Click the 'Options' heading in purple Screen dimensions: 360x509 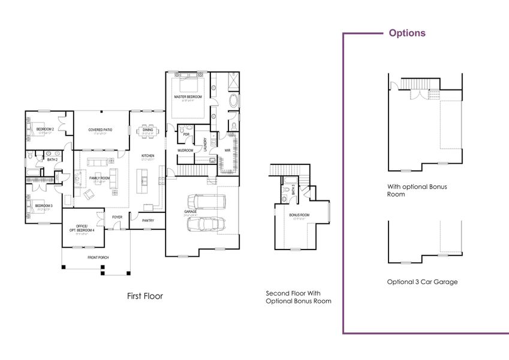coord(407,33)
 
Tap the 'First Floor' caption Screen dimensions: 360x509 coord(144,296)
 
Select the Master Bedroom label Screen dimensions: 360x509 coord(188,97)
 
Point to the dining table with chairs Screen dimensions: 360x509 coord(147,131)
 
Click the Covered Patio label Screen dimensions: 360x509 coord(100,130)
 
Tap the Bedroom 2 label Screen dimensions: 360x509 coord(45,130)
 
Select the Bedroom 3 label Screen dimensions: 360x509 coord(44,206)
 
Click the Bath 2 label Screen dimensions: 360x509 coord(52,160)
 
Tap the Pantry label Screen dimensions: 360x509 coord(149,220)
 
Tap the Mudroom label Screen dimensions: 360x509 coord(185,150)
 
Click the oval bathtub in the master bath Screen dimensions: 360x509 coord(233,100)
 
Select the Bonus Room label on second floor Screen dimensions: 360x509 coord(299,214)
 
